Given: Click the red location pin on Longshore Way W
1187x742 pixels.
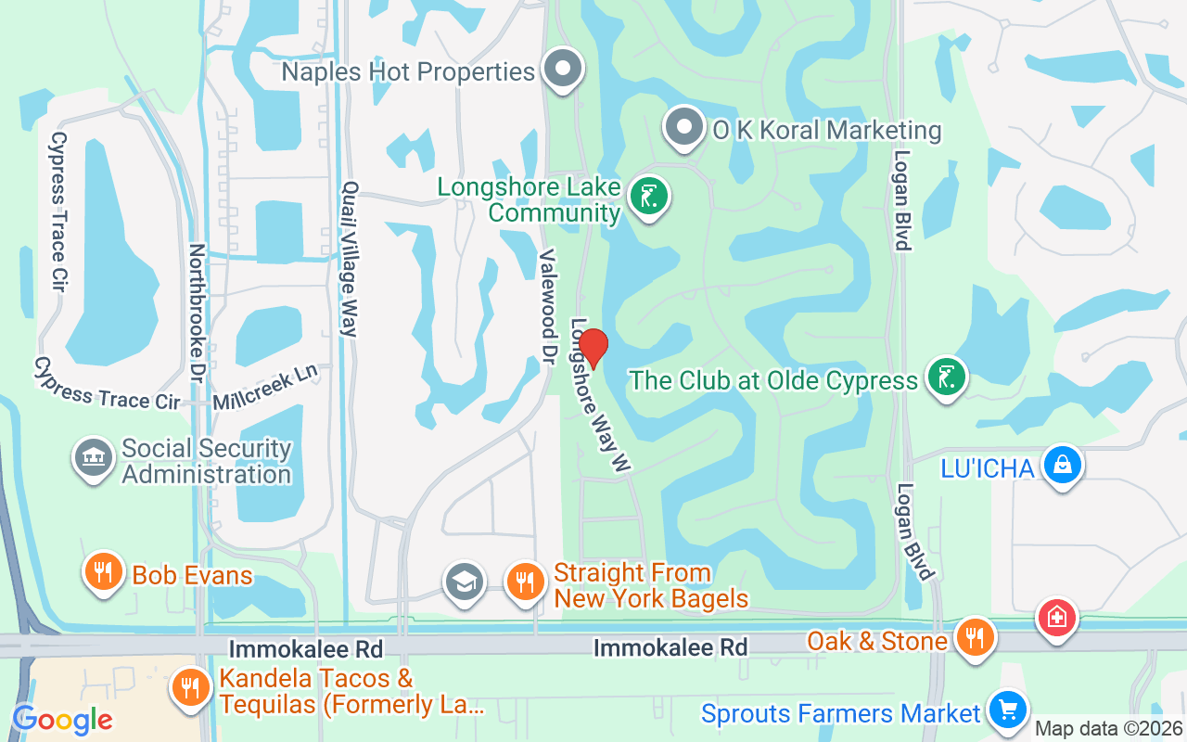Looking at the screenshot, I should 593,349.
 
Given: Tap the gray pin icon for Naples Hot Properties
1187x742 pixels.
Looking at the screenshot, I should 562,70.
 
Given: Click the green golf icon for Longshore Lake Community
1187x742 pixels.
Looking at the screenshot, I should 649,197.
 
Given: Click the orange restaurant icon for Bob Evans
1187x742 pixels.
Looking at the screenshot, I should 104,572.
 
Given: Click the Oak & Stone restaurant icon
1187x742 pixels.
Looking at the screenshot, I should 974,638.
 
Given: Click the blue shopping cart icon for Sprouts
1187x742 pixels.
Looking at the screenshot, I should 1007,710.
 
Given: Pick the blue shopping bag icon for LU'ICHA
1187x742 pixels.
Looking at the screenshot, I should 1063,465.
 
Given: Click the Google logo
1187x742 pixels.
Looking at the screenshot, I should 62,720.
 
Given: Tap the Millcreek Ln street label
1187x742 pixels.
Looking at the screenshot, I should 265,388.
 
